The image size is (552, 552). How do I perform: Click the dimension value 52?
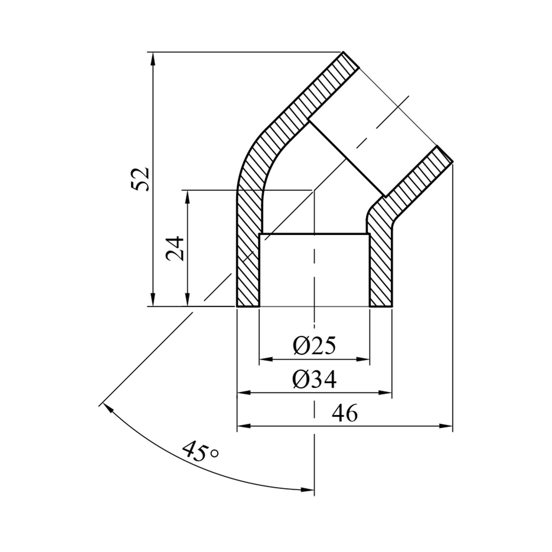[x=141, y=179]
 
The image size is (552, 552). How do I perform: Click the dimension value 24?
[x=175, y=248]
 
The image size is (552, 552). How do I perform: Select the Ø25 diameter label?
[x=315, y=346]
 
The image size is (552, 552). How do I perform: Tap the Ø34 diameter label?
[x=315, y=380]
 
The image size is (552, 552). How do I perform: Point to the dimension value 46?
[x=345, y=414]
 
